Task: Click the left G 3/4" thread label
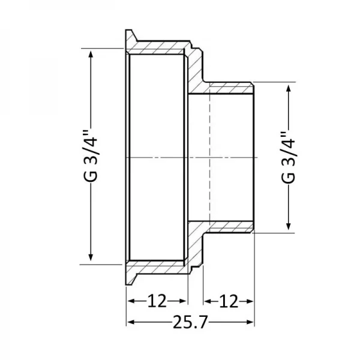tap(90, 157)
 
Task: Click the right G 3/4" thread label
tap(289, 157)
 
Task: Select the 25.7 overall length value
tap(190, 325)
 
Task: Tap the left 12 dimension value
tap(157, 300)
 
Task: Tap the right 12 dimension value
tap(229, 300)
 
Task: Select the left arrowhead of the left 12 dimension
tap(130, 300)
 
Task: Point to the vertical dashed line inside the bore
tap(211, 157)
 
